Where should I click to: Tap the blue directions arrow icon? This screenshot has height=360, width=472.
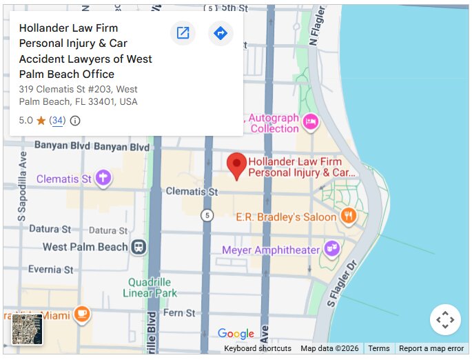(220, 33)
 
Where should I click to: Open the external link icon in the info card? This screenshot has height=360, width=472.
(183, 33)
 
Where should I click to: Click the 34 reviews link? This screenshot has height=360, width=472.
(58, 121)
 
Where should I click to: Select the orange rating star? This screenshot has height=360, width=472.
(41, 121)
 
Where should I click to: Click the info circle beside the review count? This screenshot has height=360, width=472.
(75, 121)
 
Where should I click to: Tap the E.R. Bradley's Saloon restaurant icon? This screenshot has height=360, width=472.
(349, 217)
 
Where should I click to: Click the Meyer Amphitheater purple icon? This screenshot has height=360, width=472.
(332, 248)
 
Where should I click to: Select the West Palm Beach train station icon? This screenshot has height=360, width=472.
(139, 247)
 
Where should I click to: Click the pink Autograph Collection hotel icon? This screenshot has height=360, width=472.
(311, 122)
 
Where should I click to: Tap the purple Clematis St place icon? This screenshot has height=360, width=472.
(103, 179)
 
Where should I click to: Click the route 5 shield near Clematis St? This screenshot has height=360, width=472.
(207, 216)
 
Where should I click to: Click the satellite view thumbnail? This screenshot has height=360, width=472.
(28, 329)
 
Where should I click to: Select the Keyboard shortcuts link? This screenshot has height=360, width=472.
(257, 348)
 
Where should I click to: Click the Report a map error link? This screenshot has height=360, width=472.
(431, 348)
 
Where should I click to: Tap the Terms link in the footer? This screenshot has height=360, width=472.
(379, 348)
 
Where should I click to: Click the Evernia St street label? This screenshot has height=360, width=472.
(50, 269)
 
